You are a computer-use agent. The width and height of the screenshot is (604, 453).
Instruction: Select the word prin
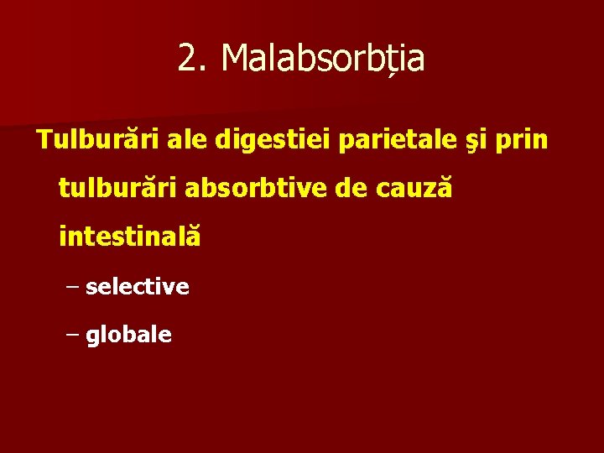[x=523, y=141]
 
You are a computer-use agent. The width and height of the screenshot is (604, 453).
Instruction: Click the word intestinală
[x=130, y=237]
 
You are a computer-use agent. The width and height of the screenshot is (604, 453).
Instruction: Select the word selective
[x=138, y=287]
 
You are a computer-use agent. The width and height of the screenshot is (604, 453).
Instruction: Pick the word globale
[x=129, y=336]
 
